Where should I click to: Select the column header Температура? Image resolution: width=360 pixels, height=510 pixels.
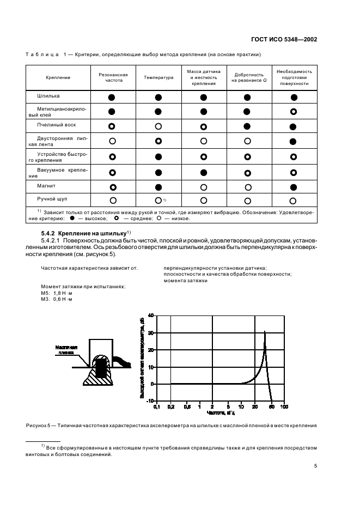point(158,77)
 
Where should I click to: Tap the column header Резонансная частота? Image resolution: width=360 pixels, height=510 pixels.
point(112,77)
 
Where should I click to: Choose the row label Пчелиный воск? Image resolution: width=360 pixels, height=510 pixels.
point(52,125)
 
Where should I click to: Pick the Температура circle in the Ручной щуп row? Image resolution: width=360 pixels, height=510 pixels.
point(158,200)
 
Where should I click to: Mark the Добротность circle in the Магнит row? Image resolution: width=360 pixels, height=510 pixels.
point(247,187)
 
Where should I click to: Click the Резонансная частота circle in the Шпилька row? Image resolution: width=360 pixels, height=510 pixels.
point(112,98)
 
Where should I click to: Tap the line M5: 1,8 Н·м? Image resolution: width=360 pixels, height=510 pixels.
point(57,293)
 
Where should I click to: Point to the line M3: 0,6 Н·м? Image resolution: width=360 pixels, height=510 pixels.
point(57,299)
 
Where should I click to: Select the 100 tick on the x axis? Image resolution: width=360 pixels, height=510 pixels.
point(284,406)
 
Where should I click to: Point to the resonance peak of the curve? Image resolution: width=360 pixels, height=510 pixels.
point(265,332)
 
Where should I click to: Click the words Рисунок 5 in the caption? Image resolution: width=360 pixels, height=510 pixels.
point(39,424)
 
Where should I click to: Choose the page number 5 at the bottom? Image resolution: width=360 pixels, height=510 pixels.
point(315,466)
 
